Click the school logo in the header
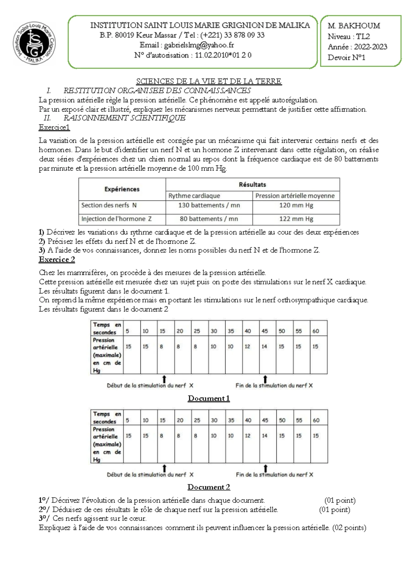tap(34, 43)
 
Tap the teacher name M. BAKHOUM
tap(354, 26)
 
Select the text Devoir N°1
tap(346, 57)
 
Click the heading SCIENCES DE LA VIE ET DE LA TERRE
tap(209, 81)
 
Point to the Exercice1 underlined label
tap(54, 127)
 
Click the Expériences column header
tap(122, 189)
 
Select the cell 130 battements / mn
tap(209, 205)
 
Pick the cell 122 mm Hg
tap(296, 219)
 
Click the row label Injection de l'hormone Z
tap(116, 219)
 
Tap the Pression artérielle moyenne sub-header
tap(295, 196)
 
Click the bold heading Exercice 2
tap(57, 259)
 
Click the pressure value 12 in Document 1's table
tap(247, 347)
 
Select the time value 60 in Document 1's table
tap(316, 331)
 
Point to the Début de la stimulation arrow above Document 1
tap(164, 379)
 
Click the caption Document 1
tap(209, 398)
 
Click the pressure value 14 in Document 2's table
tap(265, 436)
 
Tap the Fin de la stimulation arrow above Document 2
tap(265, 468)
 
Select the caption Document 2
tap(209, 487)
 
